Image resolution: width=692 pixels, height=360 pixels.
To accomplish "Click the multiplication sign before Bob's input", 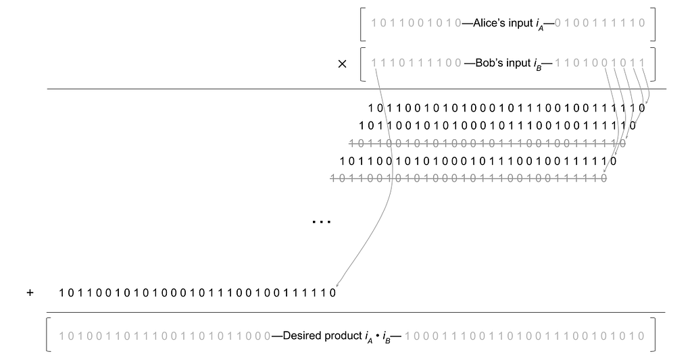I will click(x=342, y=64).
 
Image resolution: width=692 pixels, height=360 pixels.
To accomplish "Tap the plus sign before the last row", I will click(x=30, y=294).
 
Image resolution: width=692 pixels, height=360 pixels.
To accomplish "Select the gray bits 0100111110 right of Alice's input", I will click(x=599, y=22).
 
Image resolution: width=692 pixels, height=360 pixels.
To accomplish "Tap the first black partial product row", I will click(x=507, y=107).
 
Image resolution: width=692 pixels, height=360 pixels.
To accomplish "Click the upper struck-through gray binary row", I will click(x=487, y=143).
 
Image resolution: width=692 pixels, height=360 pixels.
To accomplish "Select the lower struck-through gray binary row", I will click(x=468, y=179).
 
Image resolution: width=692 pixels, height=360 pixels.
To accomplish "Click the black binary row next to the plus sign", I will click(x=197, y=294).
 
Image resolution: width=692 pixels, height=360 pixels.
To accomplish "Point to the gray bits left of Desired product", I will click(x=165, y=336).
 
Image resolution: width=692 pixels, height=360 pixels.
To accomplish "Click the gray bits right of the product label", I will click(x=526, y=336).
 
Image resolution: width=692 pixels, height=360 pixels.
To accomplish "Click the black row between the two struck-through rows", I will click(x=477, y=161).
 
